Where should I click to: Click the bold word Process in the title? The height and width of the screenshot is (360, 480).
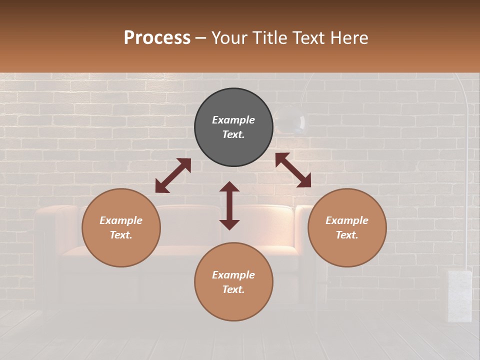[157, 38]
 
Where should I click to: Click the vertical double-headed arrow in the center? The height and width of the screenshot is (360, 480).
[229, 205]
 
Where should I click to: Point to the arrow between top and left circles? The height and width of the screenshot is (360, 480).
[173, 175]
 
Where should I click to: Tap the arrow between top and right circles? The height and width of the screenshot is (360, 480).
[293, 170]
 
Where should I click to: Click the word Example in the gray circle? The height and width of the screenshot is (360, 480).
[233, 120]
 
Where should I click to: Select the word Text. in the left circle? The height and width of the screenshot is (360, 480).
[121, 235]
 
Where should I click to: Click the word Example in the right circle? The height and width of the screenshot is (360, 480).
[347, 220]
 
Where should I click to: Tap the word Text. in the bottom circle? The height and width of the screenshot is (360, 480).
[233, 289]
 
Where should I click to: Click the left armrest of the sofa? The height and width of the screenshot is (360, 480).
[50, 235]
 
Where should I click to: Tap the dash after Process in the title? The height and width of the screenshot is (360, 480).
[201, 38]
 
